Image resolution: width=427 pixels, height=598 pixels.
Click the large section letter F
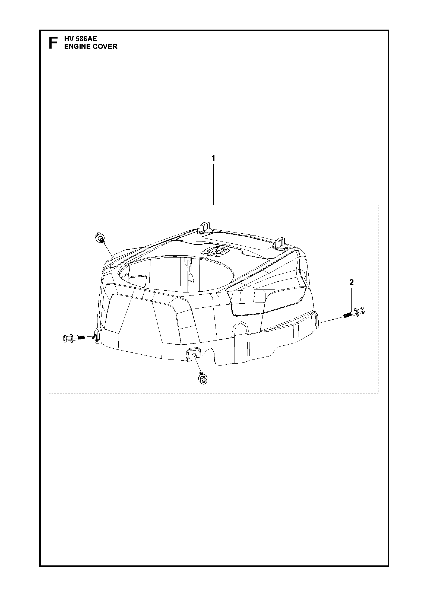point(53,43)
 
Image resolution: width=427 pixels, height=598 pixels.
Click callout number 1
point(213,158)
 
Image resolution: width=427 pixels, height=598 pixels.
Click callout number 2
point(352,282)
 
